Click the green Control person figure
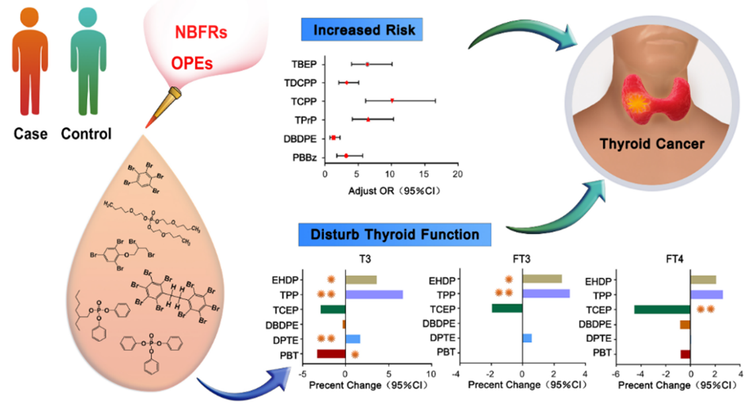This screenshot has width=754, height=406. tap(85, 64)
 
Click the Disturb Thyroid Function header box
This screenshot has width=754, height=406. tap(394, 235)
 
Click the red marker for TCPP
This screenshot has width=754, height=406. tap(392, 101)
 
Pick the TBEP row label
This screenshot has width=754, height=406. tap(306, 65)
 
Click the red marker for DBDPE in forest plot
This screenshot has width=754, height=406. tap(333, 138)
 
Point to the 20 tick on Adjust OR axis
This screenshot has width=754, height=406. tap(457, 173)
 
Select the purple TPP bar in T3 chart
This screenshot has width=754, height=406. tap(374, 294)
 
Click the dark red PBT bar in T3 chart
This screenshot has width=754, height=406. tap(331, 354)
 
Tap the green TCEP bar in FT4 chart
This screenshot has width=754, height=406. tap(662, 310)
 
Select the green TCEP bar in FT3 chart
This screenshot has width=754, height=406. tap(507, 309)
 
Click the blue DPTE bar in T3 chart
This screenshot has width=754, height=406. tap(352, 339)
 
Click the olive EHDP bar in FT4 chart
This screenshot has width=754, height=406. tap(703, 280)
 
